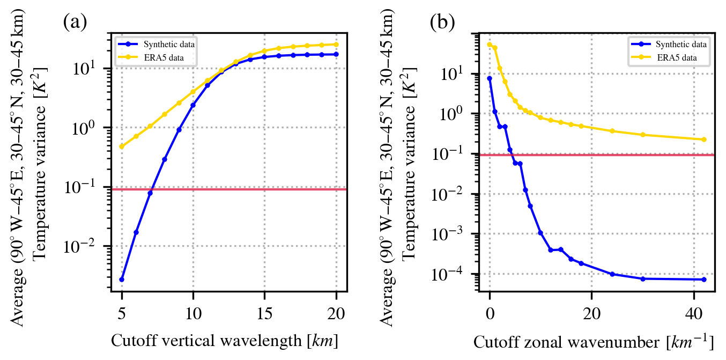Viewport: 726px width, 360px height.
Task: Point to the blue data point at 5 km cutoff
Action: tap(122, 280)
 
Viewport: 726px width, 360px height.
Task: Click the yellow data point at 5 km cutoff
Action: tap(122, 146)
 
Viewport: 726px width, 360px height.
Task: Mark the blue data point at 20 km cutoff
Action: tap(336, 54)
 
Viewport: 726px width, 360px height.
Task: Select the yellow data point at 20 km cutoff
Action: tap(336, 45)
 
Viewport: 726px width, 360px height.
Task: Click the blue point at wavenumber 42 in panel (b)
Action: tap(703, 280)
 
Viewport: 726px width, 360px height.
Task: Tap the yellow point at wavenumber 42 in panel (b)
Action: tap(703, 139)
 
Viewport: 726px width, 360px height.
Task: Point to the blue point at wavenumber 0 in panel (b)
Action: tap(490, 78)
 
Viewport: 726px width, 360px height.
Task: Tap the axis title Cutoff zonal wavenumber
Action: tap(593, 341)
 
